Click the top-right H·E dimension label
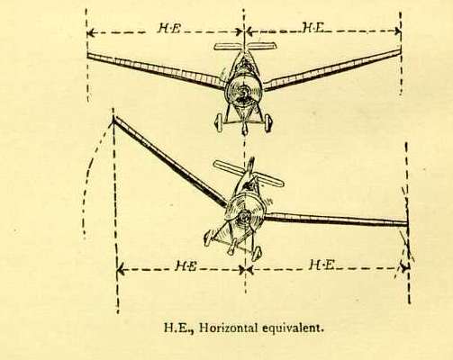313,28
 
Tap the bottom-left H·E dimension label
186,265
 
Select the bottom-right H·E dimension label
322,265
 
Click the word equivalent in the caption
293,328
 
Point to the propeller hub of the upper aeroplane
243,93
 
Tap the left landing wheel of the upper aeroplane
219,122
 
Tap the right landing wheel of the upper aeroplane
268,122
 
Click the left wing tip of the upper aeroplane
88,56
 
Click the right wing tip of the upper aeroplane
400,51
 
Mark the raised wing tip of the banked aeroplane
113,119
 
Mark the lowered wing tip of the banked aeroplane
407,223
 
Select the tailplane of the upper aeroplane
245,46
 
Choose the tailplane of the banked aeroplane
249,174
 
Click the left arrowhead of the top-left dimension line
90,32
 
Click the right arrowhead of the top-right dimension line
397,31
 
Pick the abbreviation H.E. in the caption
178,328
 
